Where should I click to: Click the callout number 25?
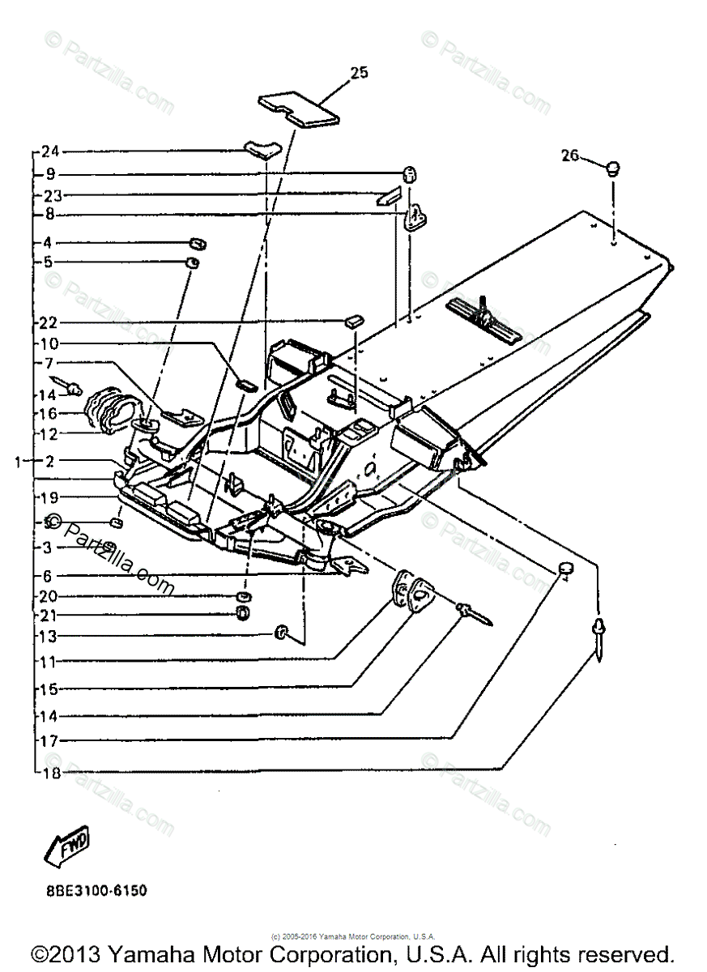pos(359,73)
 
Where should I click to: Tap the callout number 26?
pos(570,155)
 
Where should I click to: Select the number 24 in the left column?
pos(50,151)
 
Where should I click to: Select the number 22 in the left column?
pos(50,323)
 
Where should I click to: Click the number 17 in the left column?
pos(50,740)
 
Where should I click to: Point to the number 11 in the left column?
pos(50,662)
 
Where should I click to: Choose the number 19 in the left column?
pos(50,497)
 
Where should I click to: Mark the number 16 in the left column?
pos(50,415)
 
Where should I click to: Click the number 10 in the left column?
pos(50,343)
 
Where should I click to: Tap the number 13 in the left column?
pos(50,635)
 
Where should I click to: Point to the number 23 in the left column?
pos(50,195)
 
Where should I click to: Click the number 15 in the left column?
pos(50,689)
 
